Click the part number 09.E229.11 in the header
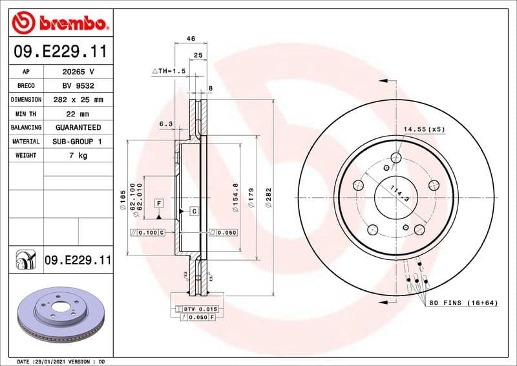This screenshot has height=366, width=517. (59, 51)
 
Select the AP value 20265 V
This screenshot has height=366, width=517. (77, 72)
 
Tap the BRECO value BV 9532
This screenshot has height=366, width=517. (77, 86)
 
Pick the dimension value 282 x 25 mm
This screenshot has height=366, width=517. (77, 100)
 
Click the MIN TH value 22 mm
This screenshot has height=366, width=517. (77, 114)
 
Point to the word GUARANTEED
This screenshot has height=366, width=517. (77, 127)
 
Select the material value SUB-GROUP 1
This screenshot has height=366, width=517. (77, 141)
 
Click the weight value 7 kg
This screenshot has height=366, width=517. (77, 155)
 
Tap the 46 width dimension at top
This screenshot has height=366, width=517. (191, 39)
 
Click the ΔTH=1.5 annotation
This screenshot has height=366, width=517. (169, 70)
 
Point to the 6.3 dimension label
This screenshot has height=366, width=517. (165, 124)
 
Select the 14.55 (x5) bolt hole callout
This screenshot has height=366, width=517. (425, 129)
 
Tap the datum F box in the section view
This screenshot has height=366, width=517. (158, 203)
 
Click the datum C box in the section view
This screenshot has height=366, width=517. (193, 211)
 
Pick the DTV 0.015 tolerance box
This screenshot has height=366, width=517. (201, 310)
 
